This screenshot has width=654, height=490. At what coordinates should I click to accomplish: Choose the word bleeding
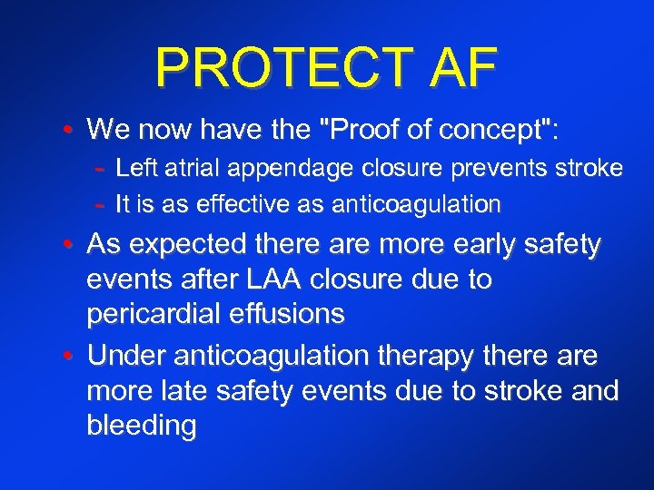click(x=141, y=426)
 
